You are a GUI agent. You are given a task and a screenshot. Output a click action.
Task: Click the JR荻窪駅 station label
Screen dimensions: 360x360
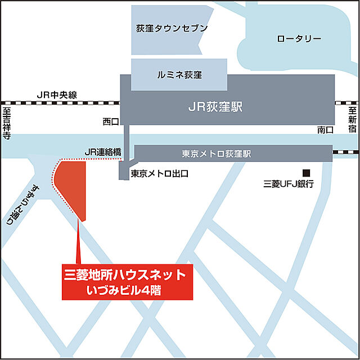click(x=215, y=107)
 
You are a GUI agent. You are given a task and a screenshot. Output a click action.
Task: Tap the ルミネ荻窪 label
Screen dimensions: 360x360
click(x=179, y=74)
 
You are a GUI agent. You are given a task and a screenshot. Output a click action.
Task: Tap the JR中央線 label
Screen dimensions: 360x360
click(x=56, y=94)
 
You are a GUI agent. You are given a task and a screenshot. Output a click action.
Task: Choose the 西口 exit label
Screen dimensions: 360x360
click(x=111, y=121)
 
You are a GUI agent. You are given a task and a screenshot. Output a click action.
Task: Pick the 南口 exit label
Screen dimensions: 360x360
click(x=325, y=130)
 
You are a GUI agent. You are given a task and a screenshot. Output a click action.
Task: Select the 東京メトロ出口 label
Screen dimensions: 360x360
click(x=159, y=174)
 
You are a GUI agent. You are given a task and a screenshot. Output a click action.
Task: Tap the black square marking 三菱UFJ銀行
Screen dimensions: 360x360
click(x=307, y=172)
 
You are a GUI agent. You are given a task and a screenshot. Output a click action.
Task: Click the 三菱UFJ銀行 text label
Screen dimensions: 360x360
click(x=288, y=184)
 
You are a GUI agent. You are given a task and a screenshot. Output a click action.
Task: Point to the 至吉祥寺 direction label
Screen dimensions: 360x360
click(x=7, y=124)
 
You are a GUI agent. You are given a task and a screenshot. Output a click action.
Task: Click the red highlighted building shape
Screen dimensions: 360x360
click(x=74, y=186)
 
